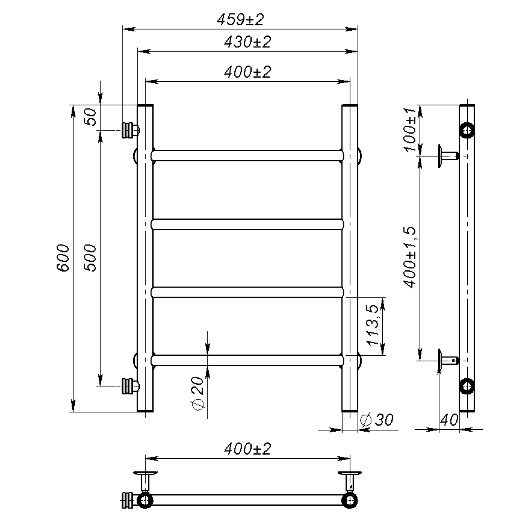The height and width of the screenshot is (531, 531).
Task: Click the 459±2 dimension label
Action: (240, 20)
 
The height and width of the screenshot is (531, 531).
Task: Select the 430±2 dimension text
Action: (247, 42)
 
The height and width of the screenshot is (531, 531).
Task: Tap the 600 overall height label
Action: (63, 258)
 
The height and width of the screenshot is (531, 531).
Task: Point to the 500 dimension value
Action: (90, 258)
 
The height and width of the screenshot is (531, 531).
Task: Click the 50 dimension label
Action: (90, 117)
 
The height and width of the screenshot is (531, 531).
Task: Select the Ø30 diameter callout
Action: (377, 420)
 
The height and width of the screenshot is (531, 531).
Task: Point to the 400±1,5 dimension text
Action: (410, 257)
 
